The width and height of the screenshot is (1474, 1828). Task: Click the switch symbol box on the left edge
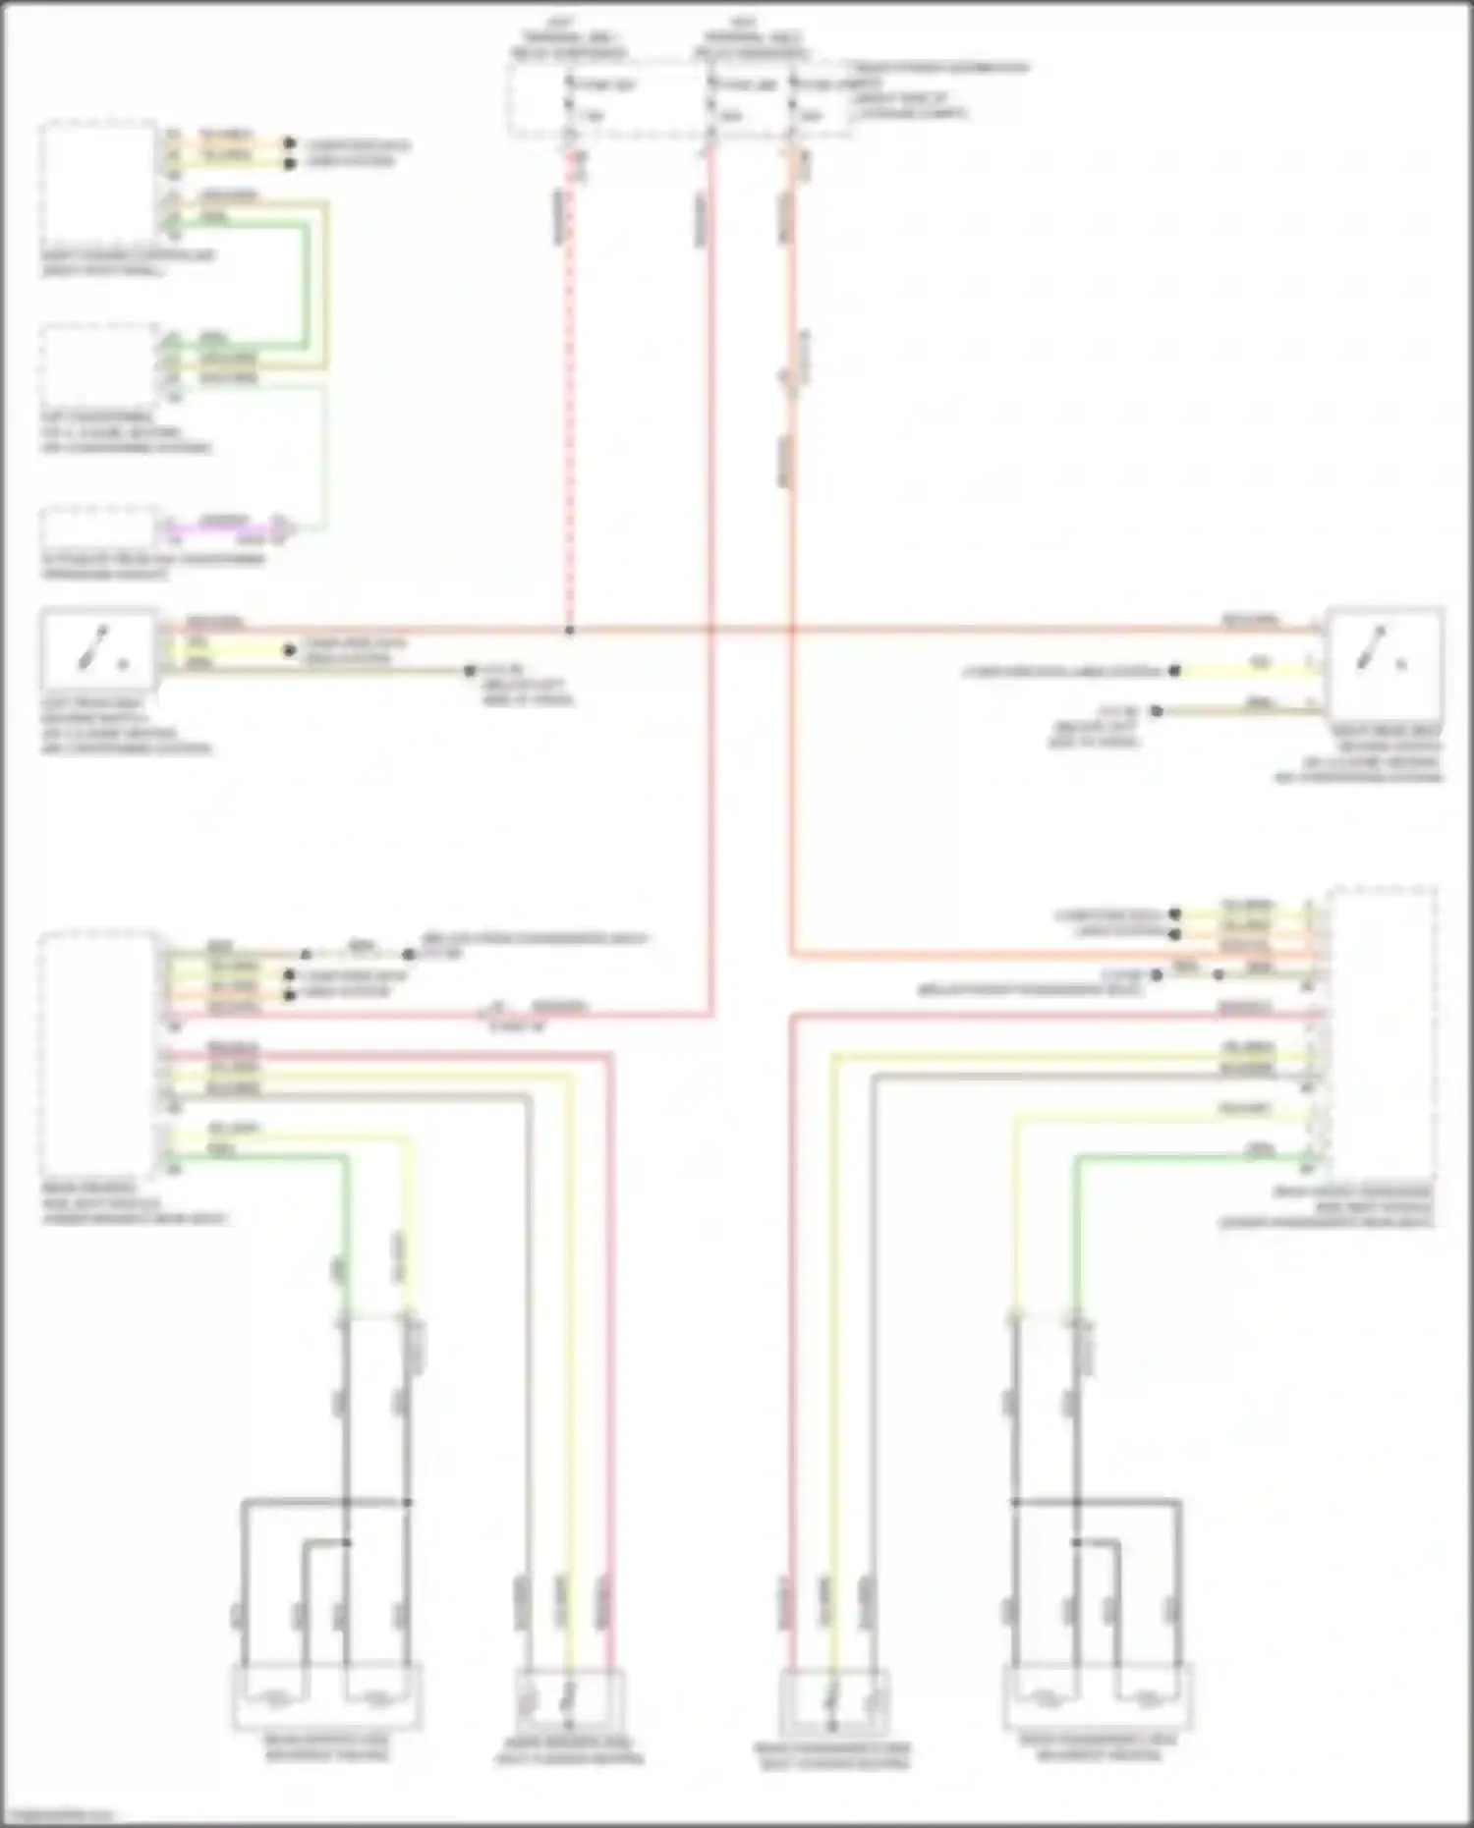click(98, 648)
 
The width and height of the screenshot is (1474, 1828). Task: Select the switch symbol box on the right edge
click(1383, 663)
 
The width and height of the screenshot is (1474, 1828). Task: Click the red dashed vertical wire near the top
click(568, 393)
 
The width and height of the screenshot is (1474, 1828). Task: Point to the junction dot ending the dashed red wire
click(569, 630)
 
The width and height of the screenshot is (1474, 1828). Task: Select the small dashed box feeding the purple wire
click(98, 527)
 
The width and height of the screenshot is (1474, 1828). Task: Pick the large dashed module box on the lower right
click(1380, 1031)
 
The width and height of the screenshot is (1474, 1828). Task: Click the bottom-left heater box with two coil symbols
click(327, 1697)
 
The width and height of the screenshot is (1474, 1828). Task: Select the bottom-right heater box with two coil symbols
click(1098, 1697)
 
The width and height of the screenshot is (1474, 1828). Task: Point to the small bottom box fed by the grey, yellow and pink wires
click(569, 1701)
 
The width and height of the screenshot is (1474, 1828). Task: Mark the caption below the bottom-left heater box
click(327, 1747)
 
